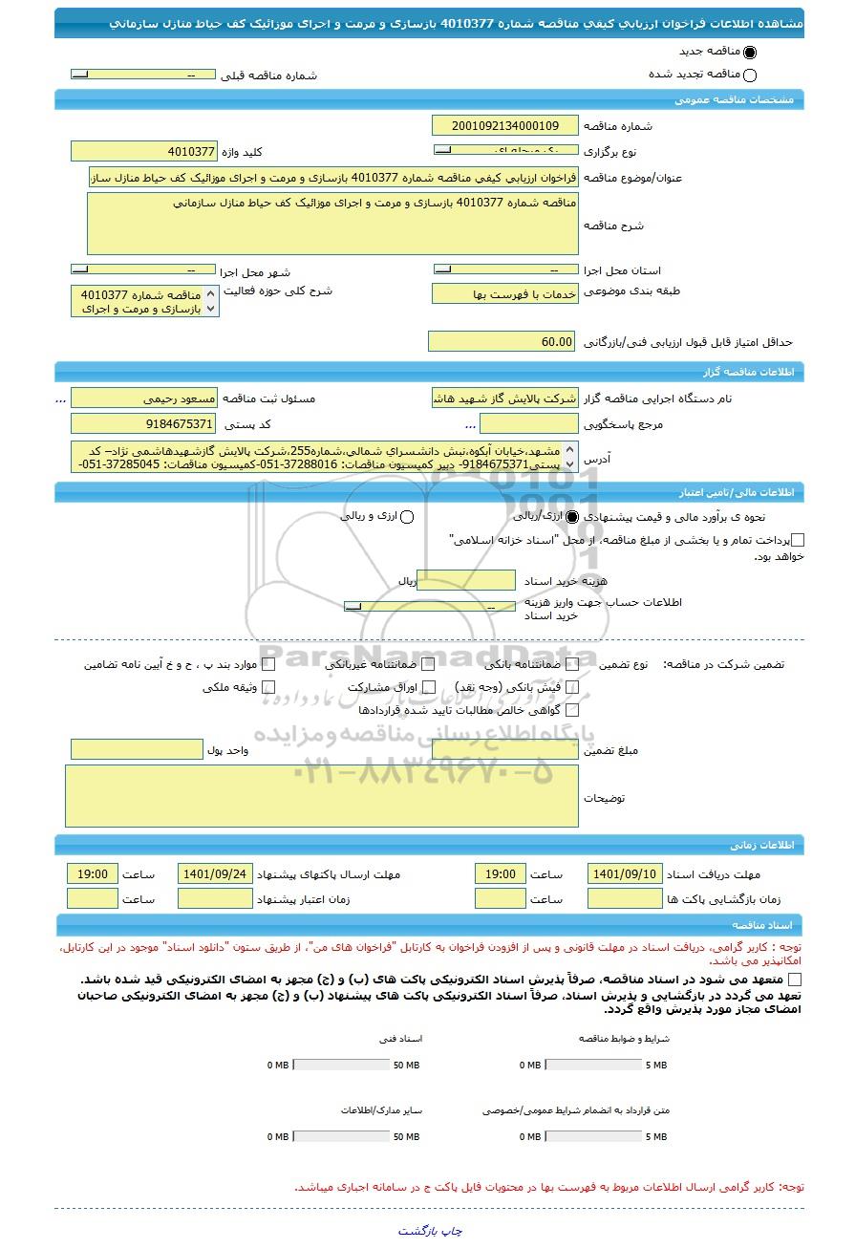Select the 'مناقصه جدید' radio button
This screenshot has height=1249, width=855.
pos(749,54)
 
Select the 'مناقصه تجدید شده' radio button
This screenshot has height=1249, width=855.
pos(749,75)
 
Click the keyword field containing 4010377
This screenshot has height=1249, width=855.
pos(144,152)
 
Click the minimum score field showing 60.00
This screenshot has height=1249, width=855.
pos(502,342)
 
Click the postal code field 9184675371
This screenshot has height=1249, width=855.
pos(144,423)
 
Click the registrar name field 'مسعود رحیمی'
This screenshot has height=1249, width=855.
pos(144,398)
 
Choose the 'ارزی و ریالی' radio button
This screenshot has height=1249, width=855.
pos(407,517)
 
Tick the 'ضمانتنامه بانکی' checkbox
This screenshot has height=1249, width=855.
pos(573,664)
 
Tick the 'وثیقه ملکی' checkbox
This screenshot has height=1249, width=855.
pos(268,687)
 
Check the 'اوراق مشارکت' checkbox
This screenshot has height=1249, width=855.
pos(429,687)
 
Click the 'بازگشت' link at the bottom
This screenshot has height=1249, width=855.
pos(418,1231)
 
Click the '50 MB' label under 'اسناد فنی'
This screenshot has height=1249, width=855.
pos(406,1066)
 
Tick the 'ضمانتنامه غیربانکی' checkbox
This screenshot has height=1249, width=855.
pos(429,664)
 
